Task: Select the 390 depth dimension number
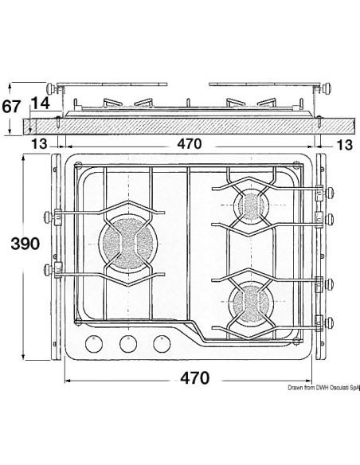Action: (18, 245)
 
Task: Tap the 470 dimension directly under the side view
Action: (190, 144)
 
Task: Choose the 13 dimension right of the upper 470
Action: (344, 144)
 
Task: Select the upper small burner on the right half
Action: (253, 206)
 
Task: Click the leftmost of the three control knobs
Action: (97, 344)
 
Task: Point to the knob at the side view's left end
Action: (53, 88)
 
